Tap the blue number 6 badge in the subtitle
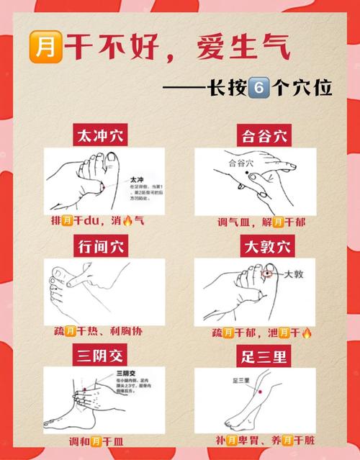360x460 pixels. coord(258,89)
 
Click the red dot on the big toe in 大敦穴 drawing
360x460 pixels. coord(267,274)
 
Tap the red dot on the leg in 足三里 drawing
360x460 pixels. coord(259,392)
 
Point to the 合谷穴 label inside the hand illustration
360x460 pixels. coord(242,163)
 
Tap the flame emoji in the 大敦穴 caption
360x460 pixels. coord(306,333)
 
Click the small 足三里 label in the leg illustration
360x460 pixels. coord(240,380)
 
